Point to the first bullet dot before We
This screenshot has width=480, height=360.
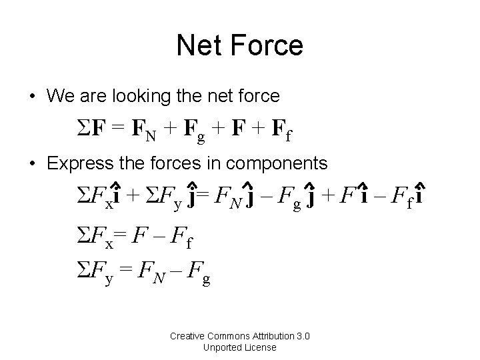click(32, 97)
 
